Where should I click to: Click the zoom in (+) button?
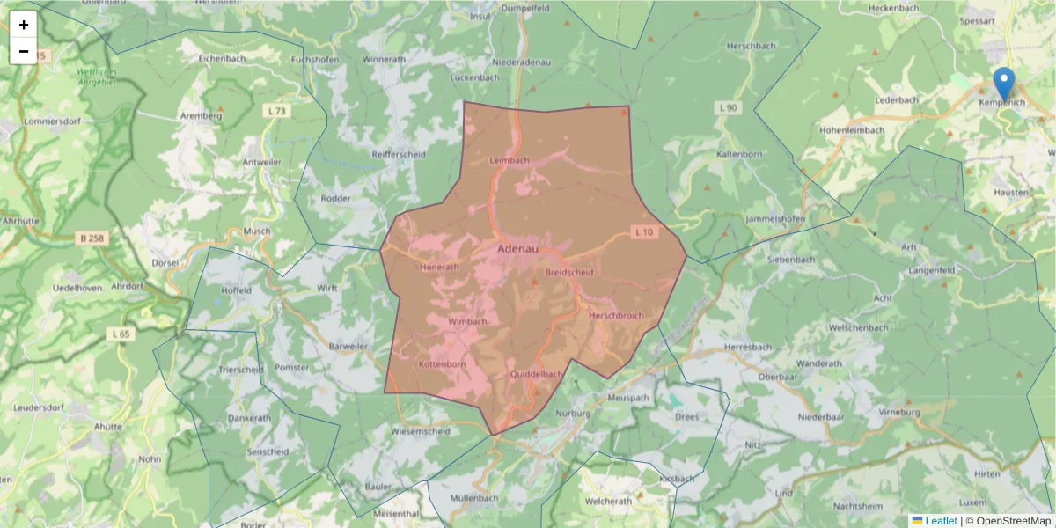24,25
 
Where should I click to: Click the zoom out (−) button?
24,51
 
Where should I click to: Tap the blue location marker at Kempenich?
1003,84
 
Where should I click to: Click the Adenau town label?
517,249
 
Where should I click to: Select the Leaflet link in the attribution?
941,521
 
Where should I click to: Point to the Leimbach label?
509,160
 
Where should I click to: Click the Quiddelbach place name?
536,374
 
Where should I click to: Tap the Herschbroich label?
616,315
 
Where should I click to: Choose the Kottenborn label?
442,363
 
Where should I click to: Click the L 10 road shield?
644,232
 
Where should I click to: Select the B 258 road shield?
91,238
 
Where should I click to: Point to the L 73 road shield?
275,111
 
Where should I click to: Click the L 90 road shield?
727,107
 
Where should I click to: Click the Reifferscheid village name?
399,153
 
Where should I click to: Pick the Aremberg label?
199,115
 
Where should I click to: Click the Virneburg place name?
898,412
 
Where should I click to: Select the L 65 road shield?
121,334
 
